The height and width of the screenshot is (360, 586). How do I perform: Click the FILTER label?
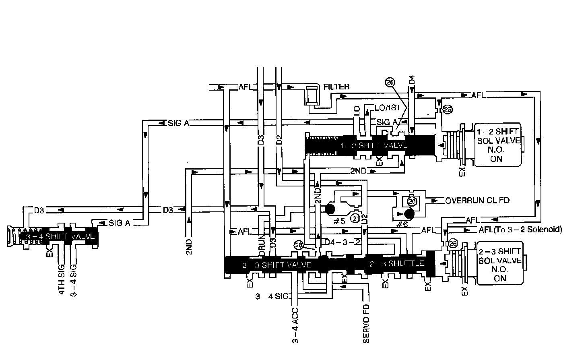[336, 87]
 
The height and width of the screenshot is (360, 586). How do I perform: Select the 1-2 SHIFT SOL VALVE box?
[497, 145]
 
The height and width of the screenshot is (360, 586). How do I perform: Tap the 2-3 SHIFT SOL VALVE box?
[500, 264]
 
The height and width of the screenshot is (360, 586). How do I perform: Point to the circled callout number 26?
[390, 82]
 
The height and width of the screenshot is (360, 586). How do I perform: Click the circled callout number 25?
[447, 109]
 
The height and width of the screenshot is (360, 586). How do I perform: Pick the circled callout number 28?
[298, 246]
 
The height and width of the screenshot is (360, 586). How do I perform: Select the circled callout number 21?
[356, 218]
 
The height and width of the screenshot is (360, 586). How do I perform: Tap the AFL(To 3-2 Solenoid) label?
[520, 230]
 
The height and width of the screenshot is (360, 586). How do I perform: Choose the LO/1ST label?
[388, 108]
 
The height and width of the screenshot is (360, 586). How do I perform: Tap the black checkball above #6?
[409, 213]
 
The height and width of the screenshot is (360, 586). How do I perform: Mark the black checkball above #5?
[331, 209]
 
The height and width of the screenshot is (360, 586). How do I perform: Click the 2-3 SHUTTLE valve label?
[396, 263]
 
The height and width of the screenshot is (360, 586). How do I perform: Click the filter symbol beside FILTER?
[312, 96]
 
